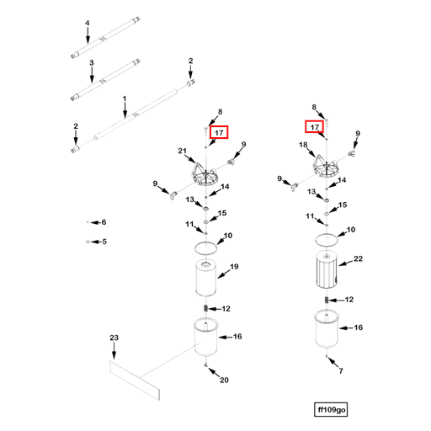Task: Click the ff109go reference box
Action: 331,410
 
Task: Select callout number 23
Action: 114,338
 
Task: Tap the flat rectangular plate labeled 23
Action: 135,380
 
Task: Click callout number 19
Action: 234,267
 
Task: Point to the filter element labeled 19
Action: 206,278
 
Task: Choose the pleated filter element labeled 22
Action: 327,269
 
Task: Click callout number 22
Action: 358,258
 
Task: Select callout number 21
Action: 182,151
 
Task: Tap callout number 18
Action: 303,145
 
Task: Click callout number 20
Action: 224,380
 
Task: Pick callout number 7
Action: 341,371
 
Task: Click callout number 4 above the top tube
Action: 88,23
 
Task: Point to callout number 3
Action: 92,63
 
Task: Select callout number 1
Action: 125,98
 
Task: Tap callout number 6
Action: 104,222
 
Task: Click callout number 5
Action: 104,242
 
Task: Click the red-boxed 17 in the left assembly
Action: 219,132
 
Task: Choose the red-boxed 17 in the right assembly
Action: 315,127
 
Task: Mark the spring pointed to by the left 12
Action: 205,308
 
